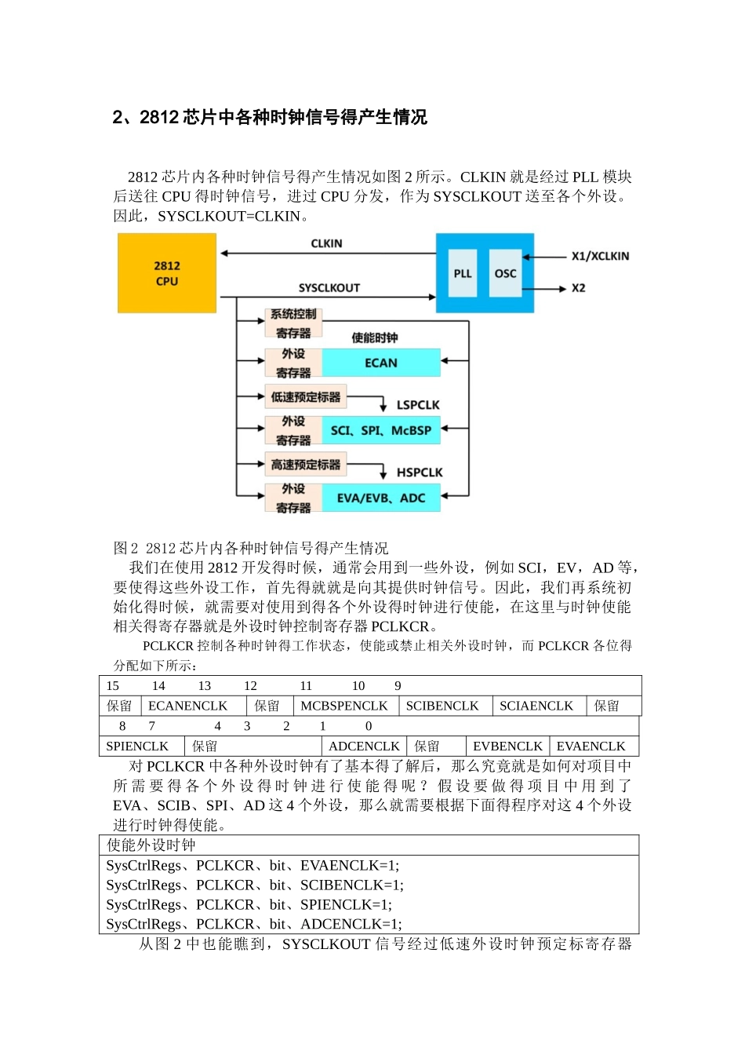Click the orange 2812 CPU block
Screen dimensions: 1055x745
(x=167, y=273)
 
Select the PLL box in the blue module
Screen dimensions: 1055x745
(x=463, y=273)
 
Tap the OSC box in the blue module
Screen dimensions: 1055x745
(x=505, y=273)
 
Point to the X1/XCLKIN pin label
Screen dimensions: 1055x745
(x=600, y=256)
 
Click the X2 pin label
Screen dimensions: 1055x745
(x=578, y=288)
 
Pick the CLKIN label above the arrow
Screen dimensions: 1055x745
(x=326, y=243)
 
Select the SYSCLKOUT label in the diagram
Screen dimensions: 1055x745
(x=329, y=288)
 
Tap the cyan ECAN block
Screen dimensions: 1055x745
(x=381, y=363)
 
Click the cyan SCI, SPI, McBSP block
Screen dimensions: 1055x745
(x=381, y=430)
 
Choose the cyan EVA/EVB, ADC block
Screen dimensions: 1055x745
(x=381, y=498)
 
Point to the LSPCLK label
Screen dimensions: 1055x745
(x=418, y=405)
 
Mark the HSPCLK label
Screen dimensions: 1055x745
(x=420, y=473)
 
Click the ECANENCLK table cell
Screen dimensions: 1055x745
(x=188, y=706)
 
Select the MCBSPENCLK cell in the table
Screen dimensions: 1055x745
(x=344, y=706)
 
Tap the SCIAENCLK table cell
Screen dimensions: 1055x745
(x=536, y=706)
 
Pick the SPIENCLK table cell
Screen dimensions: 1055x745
(x=137, y=746)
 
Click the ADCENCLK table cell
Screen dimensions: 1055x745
(x=364, y=746)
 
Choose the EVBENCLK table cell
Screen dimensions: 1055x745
(x=507, y=746)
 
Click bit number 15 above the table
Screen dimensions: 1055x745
(x=113, y=685)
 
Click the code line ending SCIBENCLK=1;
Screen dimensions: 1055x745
(x=255, y=885)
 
